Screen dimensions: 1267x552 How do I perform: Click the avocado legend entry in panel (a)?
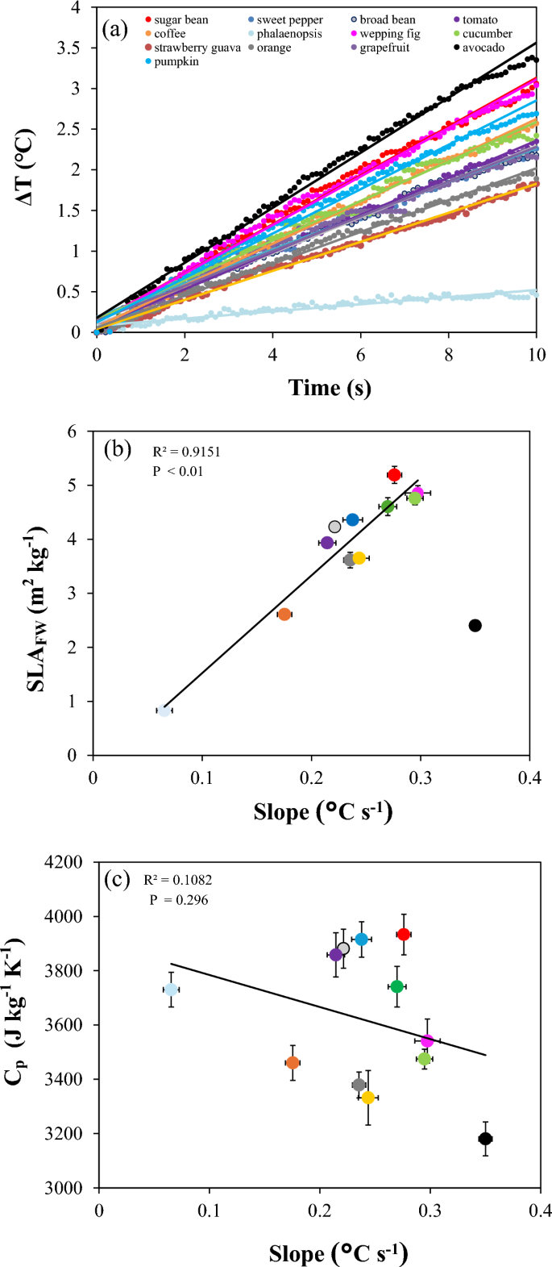482,48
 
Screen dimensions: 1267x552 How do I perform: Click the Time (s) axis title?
330,388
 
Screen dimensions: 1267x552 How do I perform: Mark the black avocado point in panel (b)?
475,626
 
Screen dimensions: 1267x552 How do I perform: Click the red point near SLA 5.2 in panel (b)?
394,475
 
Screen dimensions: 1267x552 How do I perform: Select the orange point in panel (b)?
284,615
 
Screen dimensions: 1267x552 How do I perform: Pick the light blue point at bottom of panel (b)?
164,711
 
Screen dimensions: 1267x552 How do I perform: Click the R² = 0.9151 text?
186,452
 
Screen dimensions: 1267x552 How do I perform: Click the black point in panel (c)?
485,1139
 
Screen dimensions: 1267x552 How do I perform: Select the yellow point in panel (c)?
368,1098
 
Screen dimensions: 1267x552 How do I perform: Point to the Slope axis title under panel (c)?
338,1253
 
